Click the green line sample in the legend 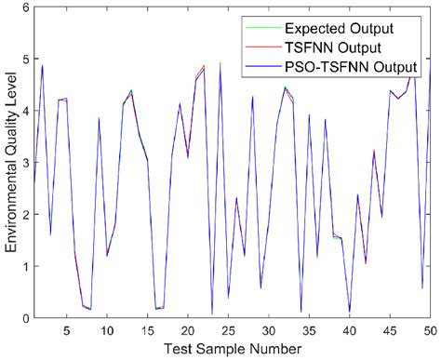(258, 27)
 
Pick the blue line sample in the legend (258, 66)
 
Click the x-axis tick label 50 (430, 330)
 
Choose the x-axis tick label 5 (66, 330)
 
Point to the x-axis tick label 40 (349, 330)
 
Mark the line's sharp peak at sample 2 (42, 65)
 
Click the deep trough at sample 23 (211, 313)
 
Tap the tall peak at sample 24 (220, 63)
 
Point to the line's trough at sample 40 (350, 312)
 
